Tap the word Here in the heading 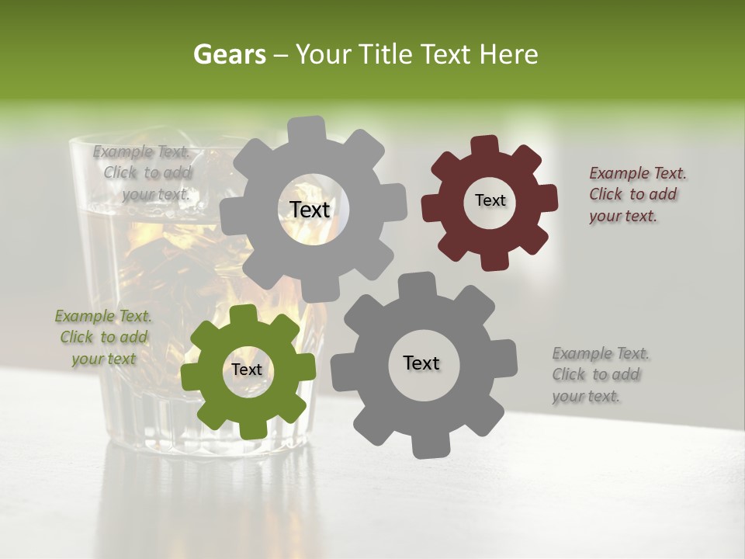(x=509, y=54)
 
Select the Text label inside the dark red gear (x=490, y=200)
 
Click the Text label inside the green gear (x=247, y=370)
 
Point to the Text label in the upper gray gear (x=310, y=210)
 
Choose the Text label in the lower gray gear (x=421, y=363)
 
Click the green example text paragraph (x=103, y=338)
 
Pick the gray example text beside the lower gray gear (x=601, y=375)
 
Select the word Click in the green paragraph (x=77, y=338)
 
